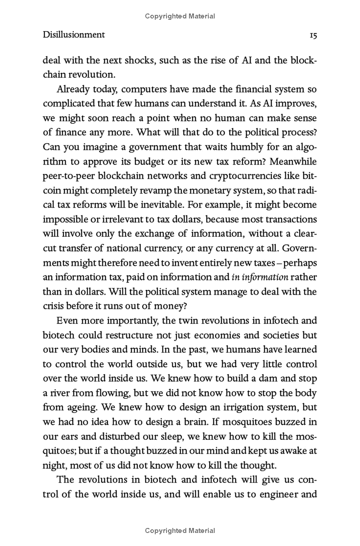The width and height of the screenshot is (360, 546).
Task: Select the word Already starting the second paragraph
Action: [75, 89]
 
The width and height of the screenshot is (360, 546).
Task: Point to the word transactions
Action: [289, 219]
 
